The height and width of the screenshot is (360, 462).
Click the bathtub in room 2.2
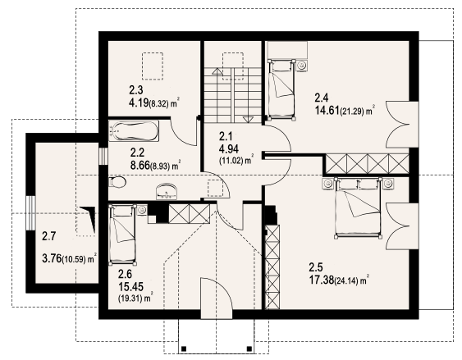coord(134,130)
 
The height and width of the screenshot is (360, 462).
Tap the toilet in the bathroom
coord(117,182)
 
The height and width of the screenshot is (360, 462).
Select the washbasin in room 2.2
coord(167,191)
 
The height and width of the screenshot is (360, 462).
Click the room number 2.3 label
coord(136,89)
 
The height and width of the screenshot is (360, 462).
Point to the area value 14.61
coord(327,111)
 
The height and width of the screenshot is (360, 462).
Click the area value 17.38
coord(322,280)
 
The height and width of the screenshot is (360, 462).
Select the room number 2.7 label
coord(48,236)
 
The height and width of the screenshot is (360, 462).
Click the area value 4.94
coord(229,149)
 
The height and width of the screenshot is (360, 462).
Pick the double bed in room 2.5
coord(358,207)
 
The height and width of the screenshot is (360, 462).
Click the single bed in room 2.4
coord(281,89)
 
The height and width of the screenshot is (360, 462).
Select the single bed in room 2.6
coord(122,235)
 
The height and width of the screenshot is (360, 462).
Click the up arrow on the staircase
coord(217,71)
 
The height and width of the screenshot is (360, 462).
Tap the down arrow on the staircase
coord(248,119)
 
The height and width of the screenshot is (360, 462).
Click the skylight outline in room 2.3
coord(153,66)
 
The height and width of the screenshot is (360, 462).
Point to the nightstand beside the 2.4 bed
coord(302,65)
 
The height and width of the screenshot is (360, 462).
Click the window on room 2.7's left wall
coord(30,213)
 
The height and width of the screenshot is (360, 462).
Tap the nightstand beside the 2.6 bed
coord(142,210)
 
